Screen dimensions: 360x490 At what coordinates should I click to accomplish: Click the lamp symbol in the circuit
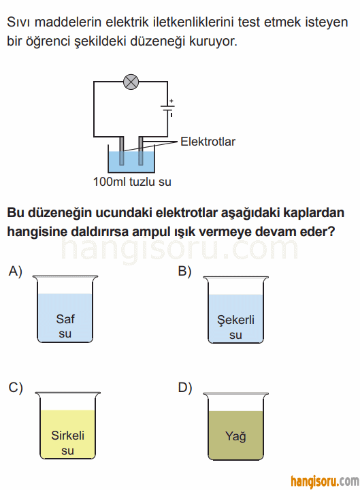click(131, 82)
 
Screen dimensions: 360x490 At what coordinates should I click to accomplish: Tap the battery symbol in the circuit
click(168, 108)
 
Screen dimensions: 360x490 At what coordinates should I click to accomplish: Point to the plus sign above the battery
click(171, 101)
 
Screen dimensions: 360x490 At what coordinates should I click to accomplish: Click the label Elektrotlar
click(208, 142)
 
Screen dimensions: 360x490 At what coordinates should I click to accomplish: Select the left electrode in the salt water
click(122, 151)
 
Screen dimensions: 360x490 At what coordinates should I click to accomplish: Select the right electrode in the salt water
click(141, 151)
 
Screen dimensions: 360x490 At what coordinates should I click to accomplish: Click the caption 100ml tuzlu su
click(132, 182)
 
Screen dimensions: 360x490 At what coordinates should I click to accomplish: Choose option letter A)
click(16, 271)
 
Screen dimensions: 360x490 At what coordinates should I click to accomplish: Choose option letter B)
click(184, 271)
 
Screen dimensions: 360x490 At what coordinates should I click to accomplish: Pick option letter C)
click(16, 387)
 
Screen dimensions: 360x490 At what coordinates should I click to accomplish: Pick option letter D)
click(185, 387)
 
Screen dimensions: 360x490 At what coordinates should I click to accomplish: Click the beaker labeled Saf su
click(65, 309)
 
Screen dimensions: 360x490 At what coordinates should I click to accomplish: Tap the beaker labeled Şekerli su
click(235, 310)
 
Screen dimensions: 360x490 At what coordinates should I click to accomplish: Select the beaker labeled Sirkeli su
click(67, 425)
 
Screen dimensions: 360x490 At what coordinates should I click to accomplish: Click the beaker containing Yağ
click(235, 427)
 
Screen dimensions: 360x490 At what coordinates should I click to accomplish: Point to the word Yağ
click(235, 436)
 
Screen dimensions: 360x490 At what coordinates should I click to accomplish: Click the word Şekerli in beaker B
click(235, 320)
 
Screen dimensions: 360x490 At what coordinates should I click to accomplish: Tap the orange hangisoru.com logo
click(325, 481)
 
